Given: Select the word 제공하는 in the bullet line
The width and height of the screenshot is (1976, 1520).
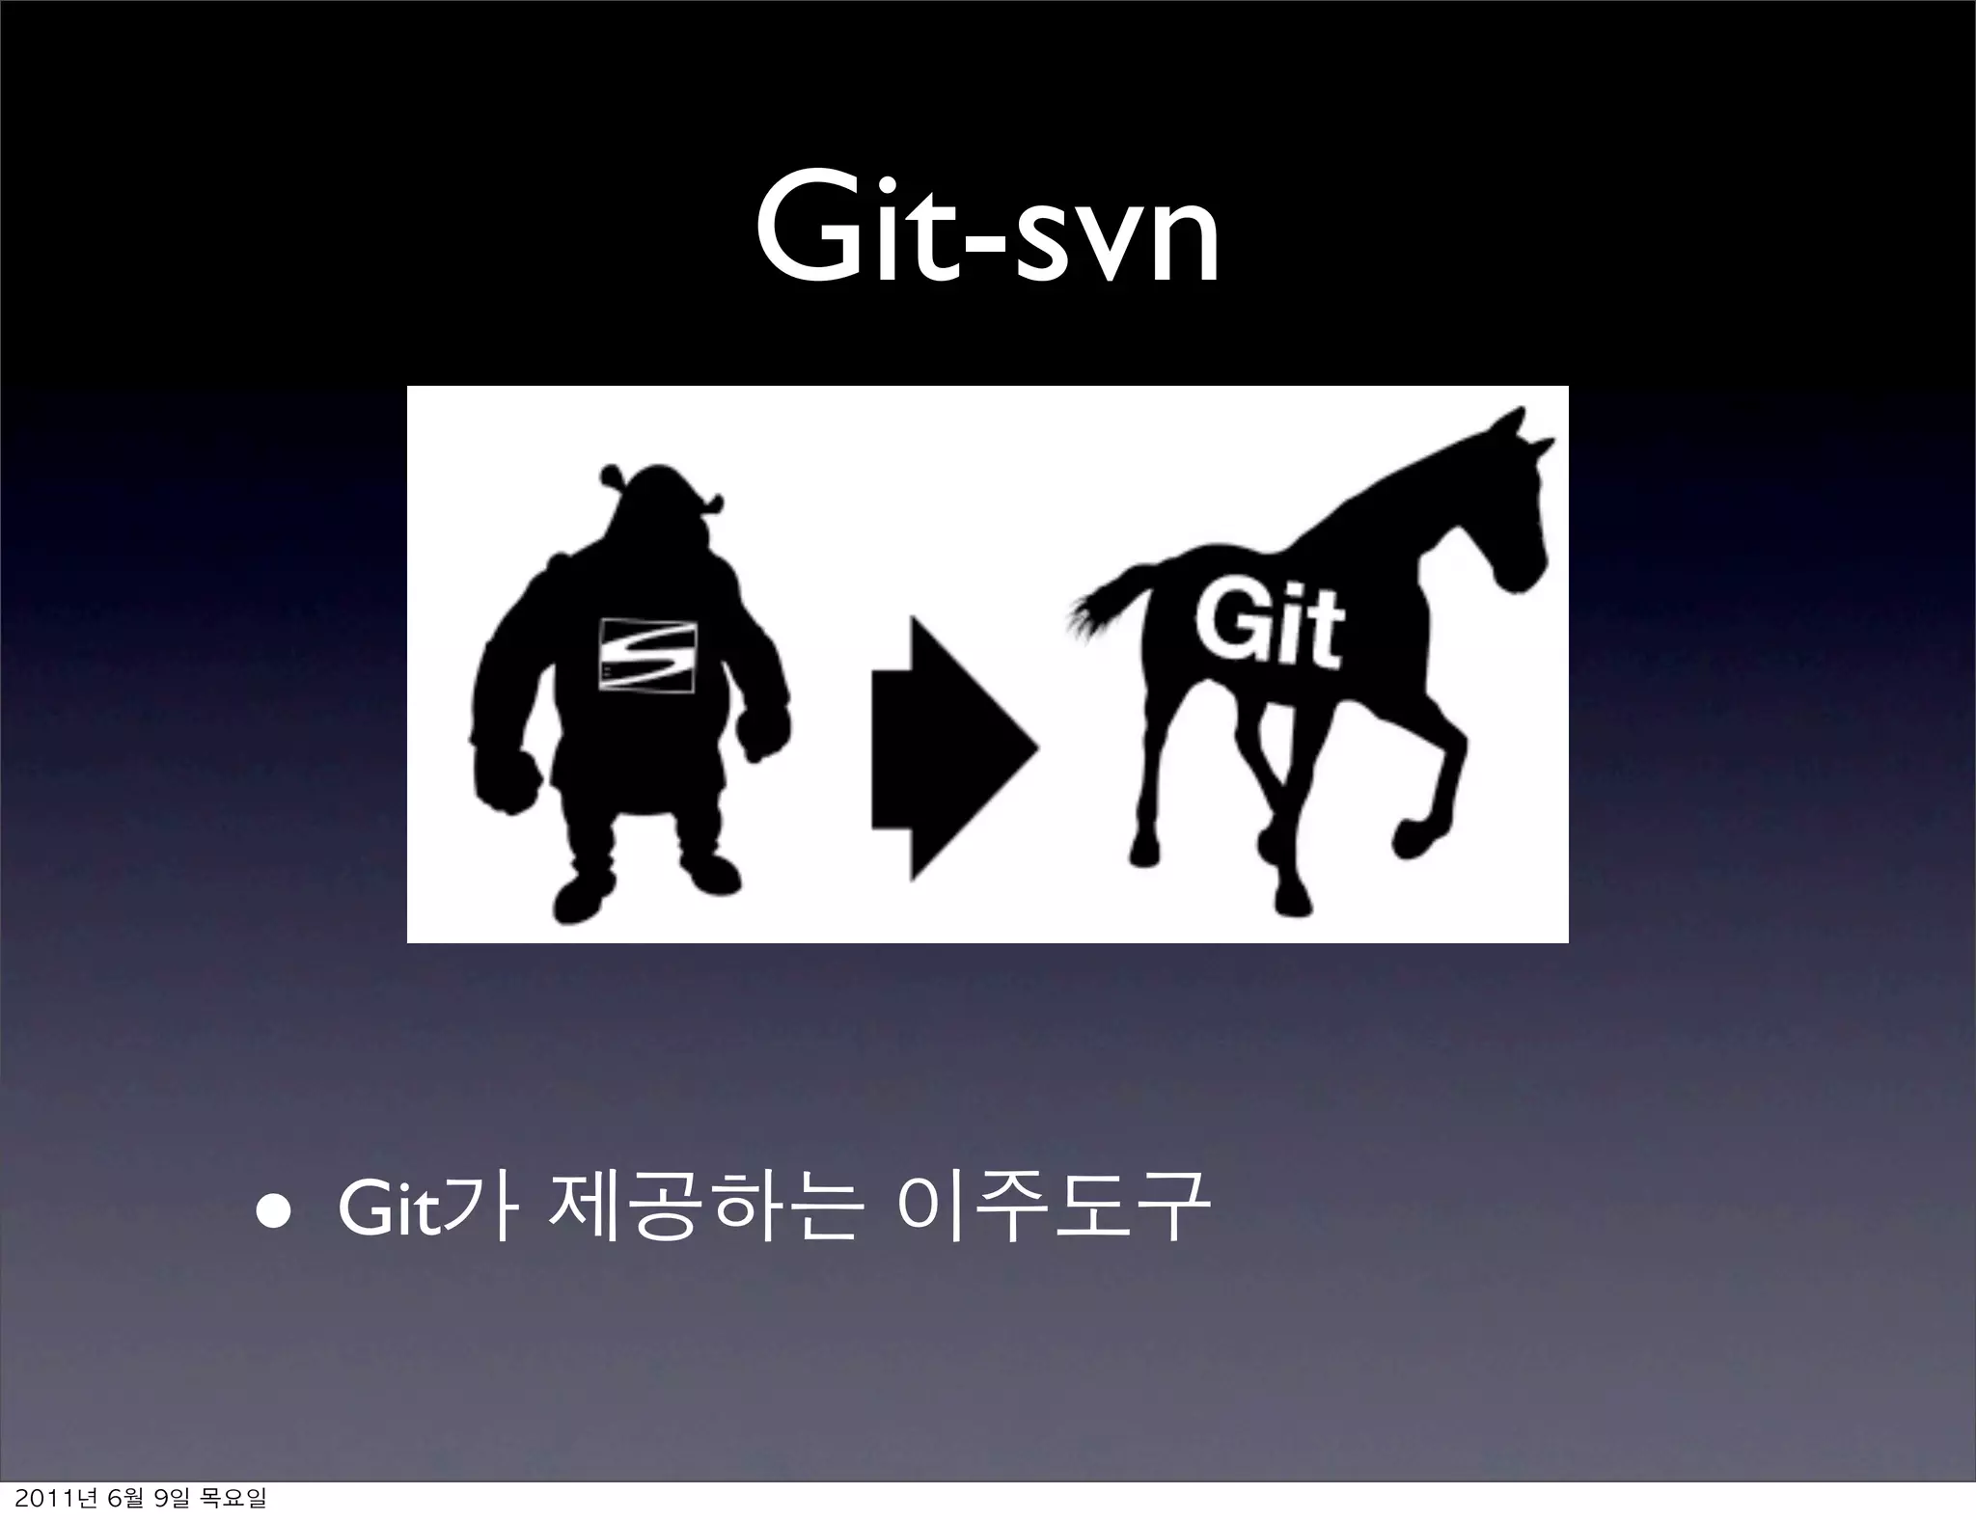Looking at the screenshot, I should click(700, 1210).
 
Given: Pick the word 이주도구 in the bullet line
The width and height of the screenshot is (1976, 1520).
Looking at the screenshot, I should click(1052, 1210).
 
